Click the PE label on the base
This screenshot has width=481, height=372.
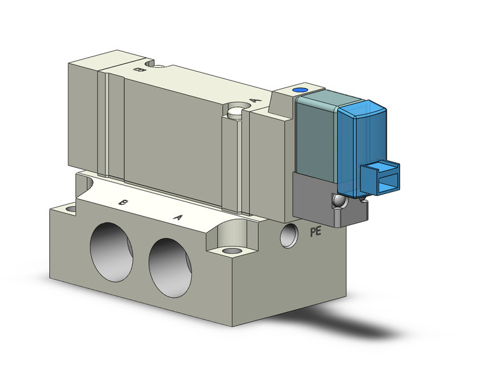pyautogui.click(x=315, y=232)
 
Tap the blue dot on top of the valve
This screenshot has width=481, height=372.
pyautogui.click(x=297, y=91)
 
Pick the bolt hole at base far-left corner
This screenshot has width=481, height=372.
pyautogui.click(x=70, y=208)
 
